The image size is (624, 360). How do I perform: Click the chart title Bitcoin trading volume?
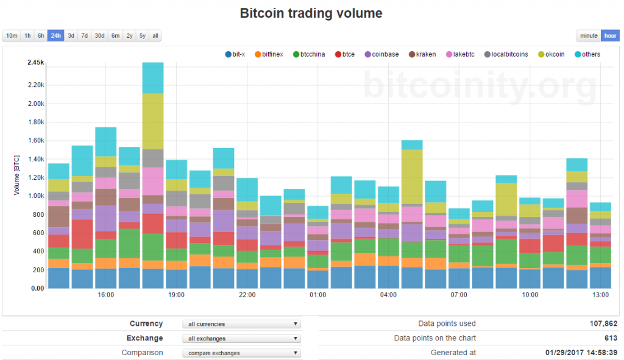pyautogui.click(x=311, y=13)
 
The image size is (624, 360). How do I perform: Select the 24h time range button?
pyautogui.click(x=56, y=36)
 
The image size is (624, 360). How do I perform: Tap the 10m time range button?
pyautogui.click(x=12, y=36)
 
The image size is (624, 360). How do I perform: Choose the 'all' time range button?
pyautogui.click(x=155, y=36)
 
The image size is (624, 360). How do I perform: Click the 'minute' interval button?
pyautogui.click(x=589, y=36)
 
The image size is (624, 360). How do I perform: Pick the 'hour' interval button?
pyautogui.click(x=610, y=36)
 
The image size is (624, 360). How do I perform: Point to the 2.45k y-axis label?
pyautogui.click(x=35, y=63)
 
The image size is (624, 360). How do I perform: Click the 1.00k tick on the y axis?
pyautogui.click(x=35, y=196)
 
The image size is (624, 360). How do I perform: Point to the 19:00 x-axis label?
pyautogui.click(x=177, y=295)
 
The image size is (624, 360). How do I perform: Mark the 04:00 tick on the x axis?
pyautogui.click(x=388, y=295)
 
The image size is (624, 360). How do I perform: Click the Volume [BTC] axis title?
pyautogui.click(x=17, y=175)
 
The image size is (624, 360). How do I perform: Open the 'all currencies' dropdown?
pyautogui.click(x=242, y=324)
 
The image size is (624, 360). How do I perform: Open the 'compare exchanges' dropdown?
pyautogui.click(x=242, y=353)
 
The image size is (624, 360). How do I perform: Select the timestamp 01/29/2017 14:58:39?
pyautogui.click(x=581, y=353)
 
